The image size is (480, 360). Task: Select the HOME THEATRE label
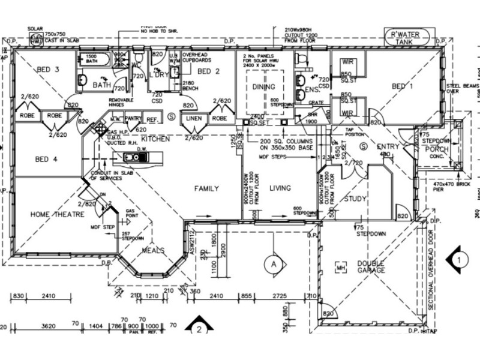[57, 214]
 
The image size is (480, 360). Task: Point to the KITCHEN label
[156, 139]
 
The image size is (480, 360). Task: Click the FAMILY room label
[206, 188]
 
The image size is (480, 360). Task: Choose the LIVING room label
[280, 188]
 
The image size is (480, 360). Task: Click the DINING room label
[263, 88]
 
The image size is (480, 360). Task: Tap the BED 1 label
[402, 87]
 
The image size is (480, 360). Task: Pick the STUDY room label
[356, 199]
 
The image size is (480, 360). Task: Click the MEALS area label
[153, 250]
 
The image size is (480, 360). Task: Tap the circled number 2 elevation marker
[199, 329]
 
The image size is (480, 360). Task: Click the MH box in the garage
[342, 267]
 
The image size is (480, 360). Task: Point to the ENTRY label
[388, 147]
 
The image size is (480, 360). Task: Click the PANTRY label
[133, 119]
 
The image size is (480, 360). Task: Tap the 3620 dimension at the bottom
[48, 326]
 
